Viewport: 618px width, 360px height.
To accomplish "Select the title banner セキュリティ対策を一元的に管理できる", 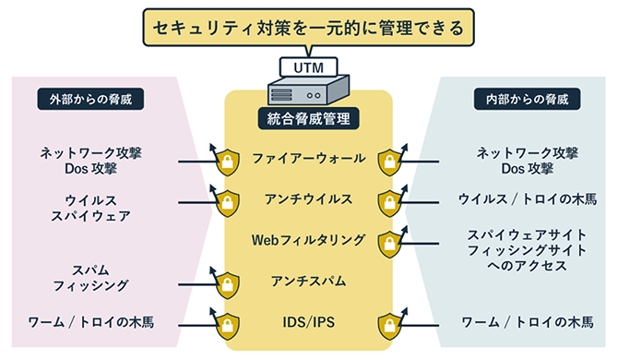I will coord(309,28).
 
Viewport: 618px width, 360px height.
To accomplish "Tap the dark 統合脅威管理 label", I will coord(308,118).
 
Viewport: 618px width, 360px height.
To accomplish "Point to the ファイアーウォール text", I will coord(308,159).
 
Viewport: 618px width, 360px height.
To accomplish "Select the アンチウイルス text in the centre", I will coord(308,198).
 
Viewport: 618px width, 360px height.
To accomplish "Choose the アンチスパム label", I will coord(308,280).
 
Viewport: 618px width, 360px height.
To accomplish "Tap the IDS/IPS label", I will coord(308,322).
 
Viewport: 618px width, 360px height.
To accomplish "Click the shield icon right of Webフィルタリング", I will coord(391,242).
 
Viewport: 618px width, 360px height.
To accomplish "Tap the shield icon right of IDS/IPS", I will coord(391,324).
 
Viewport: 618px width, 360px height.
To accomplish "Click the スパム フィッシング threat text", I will coord(90,278).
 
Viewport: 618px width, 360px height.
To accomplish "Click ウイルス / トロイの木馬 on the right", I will coord(528,198).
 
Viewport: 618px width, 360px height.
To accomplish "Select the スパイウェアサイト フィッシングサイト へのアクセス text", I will coord(528,249).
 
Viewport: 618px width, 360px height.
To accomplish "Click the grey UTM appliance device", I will coord(308,90).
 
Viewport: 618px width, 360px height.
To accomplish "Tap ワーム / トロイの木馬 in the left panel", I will coord(90,322).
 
